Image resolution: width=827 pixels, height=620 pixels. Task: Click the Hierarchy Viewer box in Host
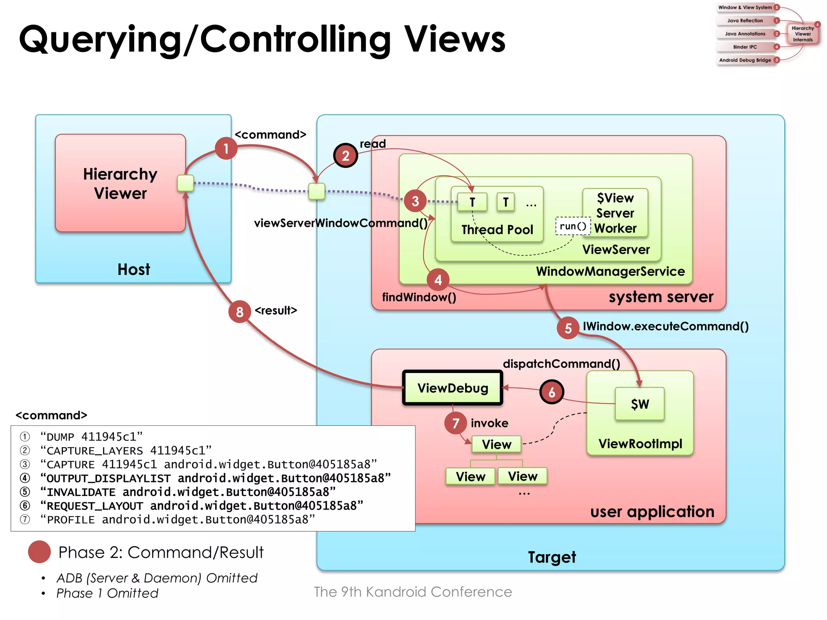tap(120, 183)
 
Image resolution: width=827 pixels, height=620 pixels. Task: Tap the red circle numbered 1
tap(226, 149)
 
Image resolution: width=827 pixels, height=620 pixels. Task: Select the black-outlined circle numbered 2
tap(346, 156)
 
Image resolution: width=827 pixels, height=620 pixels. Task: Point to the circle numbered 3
tap(415, 201)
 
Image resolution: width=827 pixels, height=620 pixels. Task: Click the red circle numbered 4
tap(438, 280)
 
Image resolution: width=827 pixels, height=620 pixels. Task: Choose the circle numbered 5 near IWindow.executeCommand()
tap(568, 328)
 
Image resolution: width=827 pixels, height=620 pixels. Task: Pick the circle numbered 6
tap(552, 392)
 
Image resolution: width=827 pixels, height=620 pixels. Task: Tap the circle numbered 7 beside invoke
tap(455, 423)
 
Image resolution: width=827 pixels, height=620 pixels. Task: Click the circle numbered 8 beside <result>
tap(239, 312)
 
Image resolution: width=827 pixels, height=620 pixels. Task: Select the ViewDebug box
tap(453, 388)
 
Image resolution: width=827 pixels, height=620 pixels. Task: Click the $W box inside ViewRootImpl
tap(640, 404)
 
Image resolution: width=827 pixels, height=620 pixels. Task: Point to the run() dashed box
tap(573, 226)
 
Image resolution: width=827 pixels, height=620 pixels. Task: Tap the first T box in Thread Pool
tap(472, 202)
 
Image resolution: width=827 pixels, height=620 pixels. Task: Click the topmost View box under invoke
tap(496, 444)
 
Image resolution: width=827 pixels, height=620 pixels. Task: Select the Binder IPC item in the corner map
tap(745, 47)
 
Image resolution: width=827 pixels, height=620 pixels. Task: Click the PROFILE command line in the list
tap(178, 519)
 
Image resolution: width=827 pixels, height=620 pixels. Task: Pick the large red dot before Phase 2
tap(39, 552)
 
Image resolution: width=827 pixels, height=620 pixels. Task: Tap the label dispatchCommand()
tap(561, 364)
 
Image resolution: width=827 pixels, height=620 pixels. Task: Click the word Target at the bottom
tap(552, 557)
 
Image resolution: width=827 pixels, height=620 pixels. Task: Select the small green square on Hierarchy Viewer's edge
tap(186, 183)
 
